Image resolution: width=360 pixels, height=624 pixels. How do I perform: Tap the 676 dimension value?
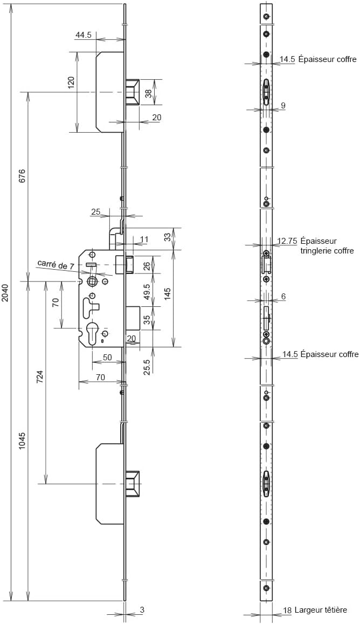click(22, 175)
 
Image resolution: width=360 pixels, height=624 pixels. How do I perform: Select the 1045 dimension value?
click(22, 441)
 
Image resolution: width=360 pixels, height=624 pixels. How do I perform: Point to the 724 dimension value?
click(40, 377)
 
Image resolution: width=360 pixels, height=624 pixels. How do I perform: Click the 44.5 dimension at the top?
click(84, 35)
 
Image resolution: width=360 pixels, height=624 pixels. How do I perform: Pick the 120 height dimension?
click(71, 83)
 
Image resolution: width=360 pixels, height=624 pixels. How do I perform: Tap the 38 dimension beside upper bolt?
click(148, 93)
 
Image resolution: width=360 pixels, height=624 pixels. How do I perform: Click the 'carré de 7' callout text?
click(56, 264)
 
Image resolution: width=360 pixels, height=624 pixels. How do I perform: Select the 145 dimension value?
click(168, 294)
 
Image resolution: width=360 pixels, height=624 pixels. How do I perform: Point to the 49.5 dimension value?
click(147, 292)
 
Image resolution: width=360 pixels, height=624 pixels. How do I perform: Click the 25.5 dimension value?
click(147, 367)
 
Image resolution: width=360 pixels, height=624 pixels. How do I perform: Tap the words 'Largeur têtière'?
click(321, 609)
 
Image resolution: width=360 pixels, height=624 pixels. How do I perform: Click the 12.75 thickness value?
click(288, 241)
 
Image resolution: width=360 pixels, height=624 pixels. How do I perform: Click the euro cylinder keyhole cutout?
click(92, 333)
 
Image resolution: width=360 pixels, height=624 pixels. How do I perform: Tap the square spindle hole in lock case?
click(92, 282)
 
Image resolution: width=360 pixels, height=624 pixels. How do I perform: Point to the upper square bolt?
click(133, 92)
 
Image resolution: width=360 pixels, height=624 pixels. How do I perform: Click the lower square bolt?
click(133, 484)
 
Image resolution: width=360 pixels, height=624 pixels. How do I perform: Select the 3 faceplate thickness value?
click(142, 609)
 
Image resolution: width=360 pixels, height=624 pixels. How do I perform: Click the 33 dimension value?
click(168, 237)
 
